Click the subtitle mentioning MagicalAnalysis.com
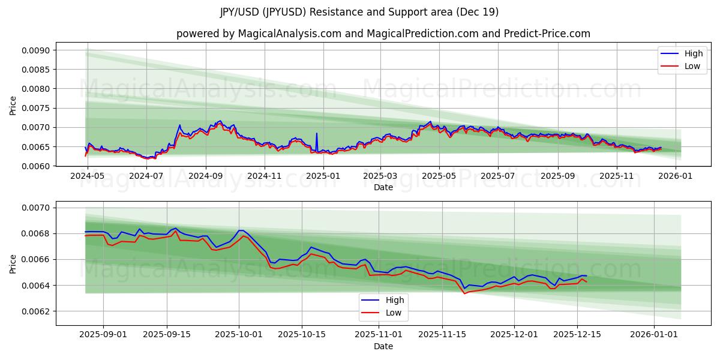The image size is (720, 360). pos(383,34)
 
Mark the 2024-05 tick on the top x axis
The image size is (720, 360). pos(88,176)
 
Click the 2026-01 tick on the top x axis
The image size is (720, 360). pos(676,176)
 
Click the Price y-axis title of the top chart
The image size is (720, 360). pos(13,106)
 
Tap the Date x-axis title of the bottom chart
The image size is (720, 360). pos(383,346)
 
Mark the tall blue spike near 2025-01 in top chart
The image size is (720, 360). pos(317,134)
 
